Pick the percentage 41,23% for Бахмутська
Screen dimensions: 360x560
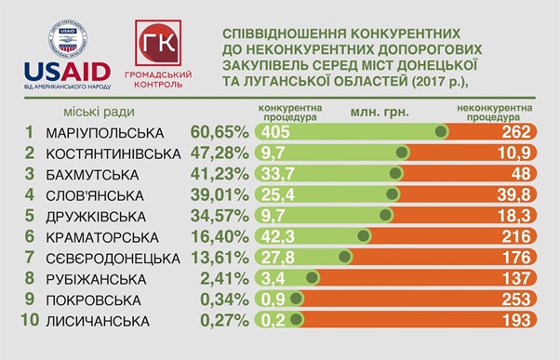pyautogui.click(x=220, y=173)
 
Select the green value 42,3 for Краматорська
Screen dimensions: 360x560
pyautogui.click(x=277, y=236)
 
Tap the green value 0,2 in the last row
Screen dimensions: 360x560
pyautogui.click(x=273, y=321)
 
